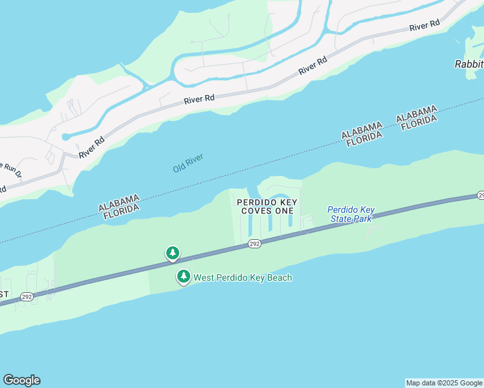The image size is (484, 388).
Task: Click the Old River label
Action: pos(188,163)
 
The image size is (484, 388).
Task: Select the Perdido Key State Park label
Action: pos(351,215)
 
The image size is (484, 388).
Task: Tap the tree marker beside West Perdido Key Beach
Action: pos(184,277)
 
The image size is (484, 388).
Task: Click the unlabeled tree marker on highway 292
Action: pos(172,253)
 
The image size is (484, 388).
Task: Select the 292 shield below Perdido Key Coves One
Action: pos(254,243)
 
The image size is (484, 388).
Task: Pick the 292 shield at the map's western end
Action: pos(26,297)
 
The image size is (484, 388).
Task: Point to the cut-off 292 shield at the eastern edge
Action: pos(481,195)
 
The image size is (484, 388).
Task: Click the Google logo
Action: pos(21,380)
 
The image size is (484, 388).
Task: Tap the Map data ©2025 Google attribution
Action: pos(444,383)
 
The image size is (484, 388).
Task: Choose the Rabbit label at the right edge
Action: pos(468,64)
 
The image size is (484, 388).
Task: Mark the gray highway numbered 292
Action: pos(362,220)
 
